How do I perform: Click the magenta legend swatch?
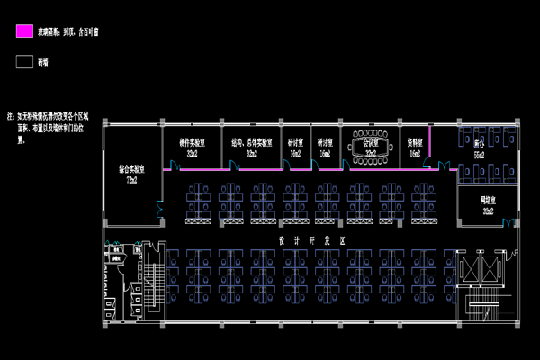click(25, 31)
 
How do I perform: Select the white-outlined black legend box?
click(25, 62)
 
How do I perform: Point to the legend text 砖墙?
click(42, 63)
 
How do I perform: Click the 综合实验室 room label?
click(132, 168)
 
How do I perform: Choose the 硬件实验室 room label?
click(193, 142)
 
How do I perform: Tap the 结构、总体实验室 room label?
click(252, 142)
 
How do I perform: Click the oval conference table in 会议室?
click(370, 144)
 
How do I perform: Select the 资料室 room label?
click(414, 142)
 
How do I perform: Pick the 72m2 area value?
click(132, 180)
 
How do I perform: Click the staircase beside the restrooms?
click(150, 279)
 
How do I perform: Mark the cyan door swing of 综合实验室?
click(159, 208)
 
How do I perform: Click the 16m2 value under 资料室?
click(414, 154)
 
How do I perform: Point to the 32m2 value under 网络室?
click(487, 212)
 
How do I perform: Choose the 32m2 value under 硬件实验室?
click(193, 154)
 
